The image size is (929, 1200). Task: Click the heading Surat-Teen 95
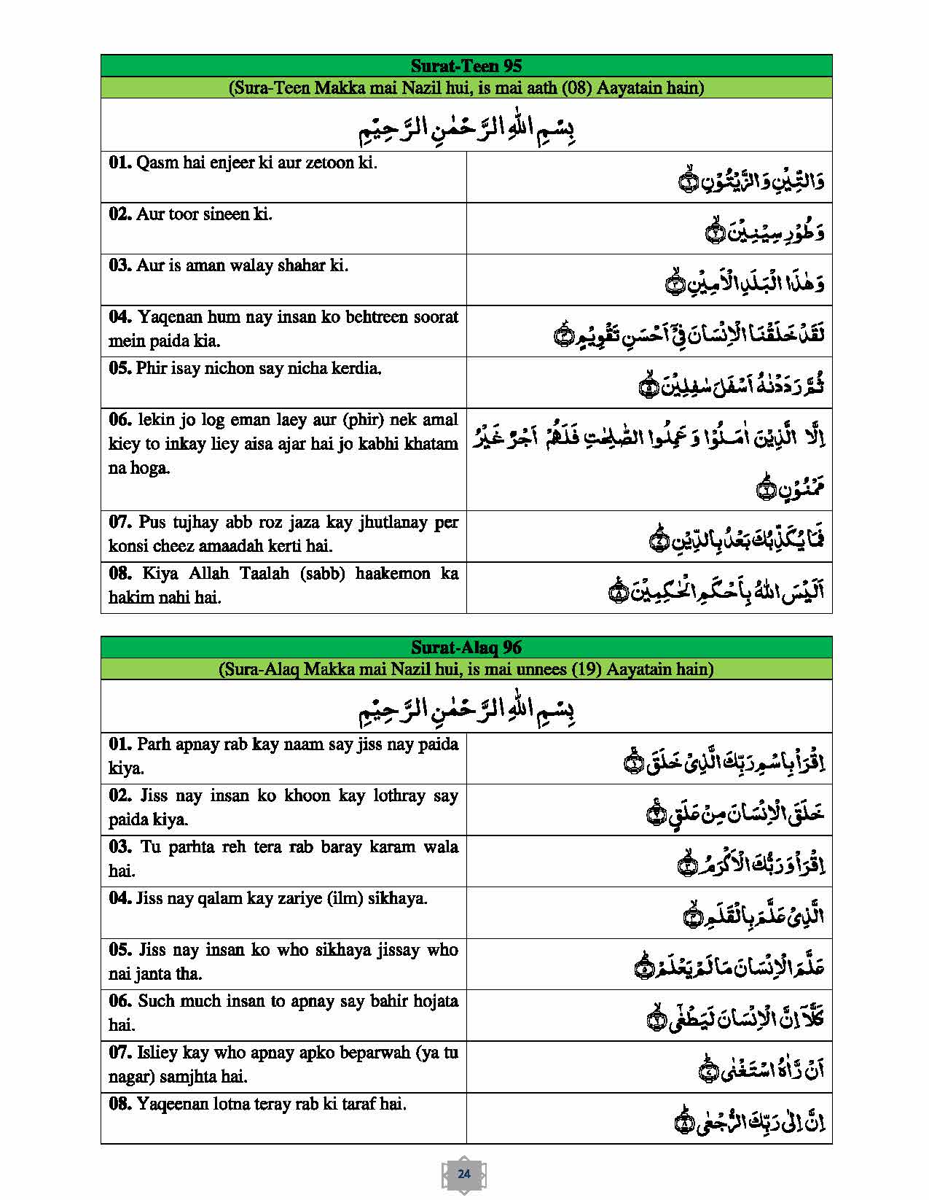(x=466, y=66)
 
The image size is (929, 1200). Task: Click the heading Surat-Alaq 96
(x=466, y=647)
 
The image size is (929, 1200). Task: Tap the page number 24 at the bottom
(x=464, y=1174)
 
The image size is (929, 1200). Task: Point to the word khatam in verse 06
(x=432, y=443)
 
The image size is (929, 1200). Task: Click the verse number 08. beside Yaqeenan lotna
(x=120, y=1104)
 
